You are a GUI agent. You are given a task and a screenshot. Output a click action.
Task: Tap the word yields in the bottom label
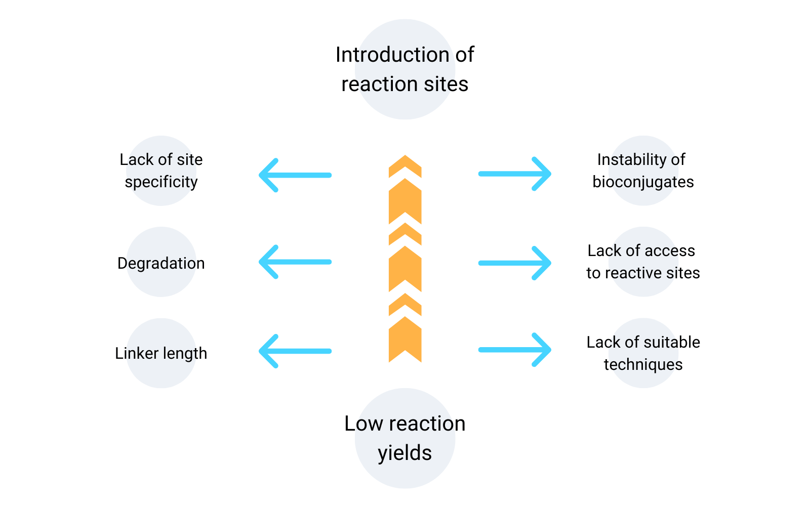[404, 453]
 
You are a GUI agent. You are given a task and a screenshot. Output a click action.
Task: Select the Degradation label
[161, 263]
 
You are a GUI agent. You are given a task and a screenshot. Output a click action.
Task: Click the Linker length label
[161, 353]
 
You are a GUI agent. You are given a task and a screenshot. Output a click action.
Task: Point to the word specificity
[161, 182]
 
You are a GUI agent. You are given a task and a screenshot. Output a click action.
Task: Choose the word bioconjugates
[643, 182]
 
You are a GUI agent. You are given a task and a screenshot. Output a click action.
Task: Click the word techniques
[643, 364]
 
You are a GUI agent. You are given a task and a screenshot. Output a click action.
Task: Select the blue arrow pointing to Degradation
[295, 262]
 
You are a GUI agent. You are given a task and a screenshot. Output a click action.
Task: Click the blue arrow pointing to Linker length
[295, 351]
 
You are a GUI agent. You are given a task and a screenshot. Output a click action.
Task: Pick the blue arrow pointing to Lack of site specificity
[295, 175]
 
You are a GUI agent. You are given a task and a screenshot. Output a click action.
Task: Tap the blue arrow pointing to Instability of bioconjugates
[515, 174]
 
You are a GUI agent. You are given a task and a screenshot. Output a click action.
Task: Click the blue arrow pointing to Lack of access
[515, 263]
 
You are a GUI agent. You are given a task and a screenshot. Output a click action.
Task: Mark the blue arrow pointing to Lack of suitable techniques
[515, 350]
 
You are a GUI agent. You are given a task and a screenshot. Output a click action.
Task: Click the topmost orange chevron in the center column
[405, 165]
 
